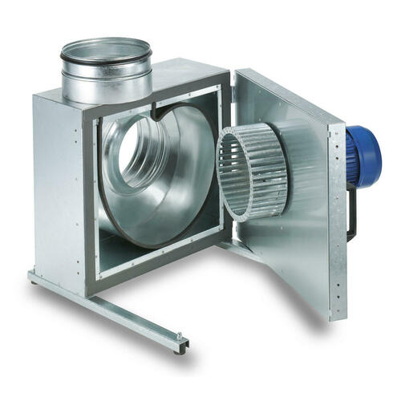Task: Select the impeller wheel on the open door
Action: (x=256, y=172)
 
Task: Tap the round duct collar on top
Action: (x=106, y=73)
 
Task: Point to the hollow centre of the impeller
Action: (x=241, y=176)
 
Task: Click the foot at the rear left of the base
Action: (x=34, y=277)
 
